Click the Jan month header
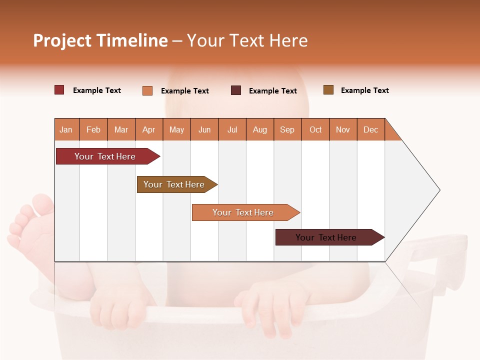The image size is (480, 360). click(x=66, y=129)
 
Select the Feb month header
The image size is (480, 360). click(x=93, y=129)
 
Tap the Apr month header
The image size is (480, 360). click(x=148, y=129)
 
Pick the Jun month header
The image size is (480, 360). click(x=204, y=129)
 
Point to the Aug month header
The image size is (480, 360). click(x=259, y=129)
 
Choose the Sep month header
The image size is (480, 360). click(x=287, y=129)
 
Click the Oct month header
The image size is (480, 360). click(x=315, y=129)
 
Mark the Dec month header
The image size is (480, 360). click(x=370, y=129)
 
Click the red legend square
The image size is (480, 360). click(x=59, y=90)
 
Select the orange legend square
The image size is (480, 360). click(x=147, y=90)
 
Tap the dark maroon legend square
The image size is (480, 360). click(x=236, y=90)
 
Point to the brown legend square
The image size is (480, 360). click(x=328, y=90)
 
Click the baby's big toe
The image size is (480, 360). click(x=44, y=204)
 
